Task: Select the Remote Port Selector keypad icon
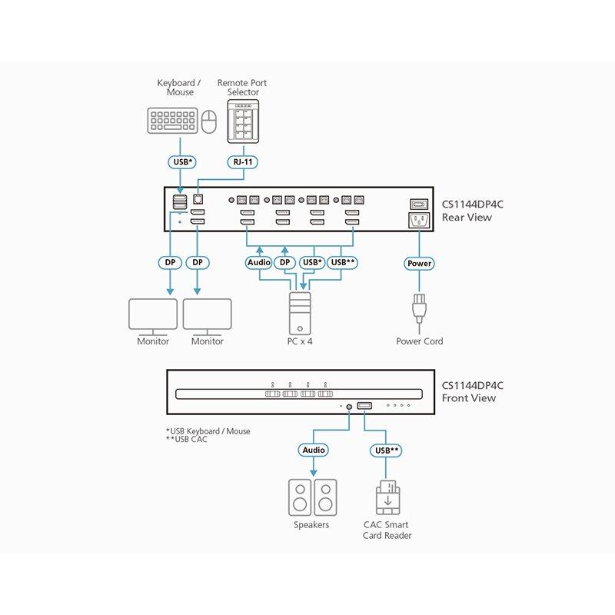point(243,121)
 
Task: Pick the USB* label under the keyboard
point(181,162)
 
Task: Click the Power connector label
point(420,263)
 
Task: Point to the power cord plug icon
point(420,308)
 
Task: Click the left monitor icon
point(152,314)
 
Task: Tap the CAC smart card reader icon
point(387,498)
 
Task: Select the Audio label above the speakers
point(313,450)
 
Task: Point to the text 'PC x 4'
point(299,341)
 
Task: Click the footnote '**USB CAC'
point(187,440)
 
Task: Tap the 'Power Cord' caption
point(420,341)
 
